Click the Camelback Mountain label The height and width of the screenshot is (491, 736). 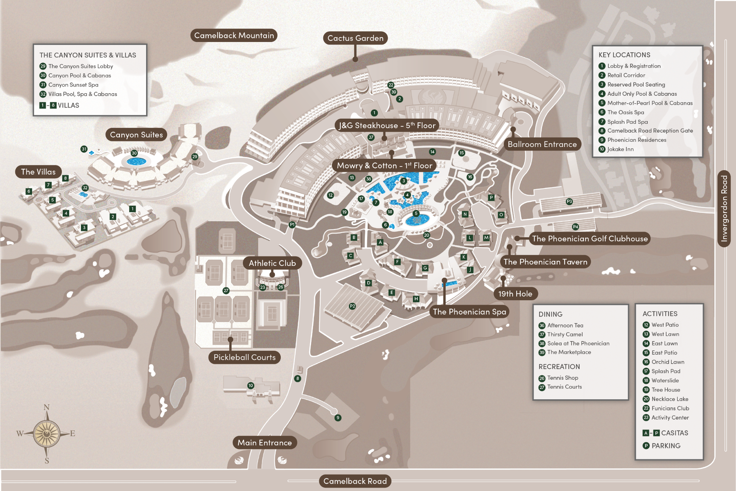point(234,35)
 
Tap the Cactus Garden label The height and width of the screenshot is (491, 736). point(355,38)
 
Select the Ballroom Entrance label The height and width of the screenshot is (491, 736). point(542,144)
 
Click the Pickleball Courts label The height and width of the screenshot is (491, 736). point(244,357)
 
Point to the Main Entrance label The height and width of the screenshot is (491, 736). point(265,442)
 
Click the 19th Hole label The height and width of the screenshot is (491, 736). point(515,294)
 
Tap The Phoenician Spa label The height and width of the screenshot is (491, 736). point(469,312)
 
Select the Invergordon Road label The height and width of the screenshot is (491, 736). point(724,208)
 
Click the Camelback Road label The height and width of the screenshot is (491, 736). point(355,481)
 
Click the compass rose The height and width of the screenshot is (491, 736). point(46,434)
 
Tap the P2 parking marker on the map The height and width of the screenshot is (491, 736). point(352,306)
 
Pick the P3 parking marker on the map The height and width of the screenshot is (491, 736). point(569,201)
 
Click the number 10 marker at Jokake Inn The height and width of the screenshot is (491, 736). point(251,386)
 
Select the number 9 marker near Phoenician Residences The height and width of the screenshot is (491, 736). point(338,418)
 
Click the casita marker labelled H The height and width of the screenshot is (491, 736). point(416,299)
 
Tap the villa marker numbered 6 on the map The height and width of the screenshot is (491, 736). point(29,191)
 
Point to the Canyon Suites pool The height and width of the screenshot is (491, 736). point(136,161)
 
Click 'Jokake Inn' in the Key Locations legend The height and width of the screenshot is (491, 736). point(620,149)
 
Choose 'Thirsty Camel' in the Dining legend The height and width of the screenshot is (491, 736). point(565,334)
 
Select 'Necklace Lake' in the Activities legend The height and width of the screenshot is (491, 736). point(670,399)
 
